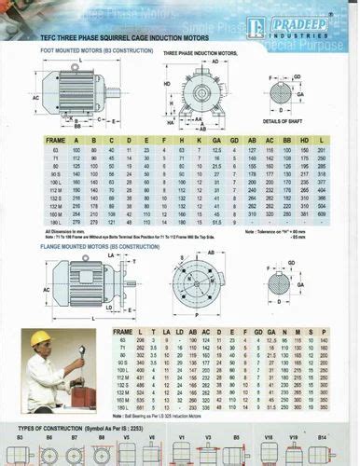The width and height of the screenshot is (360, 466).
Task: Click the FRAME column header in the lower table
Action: coord(122,332)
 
